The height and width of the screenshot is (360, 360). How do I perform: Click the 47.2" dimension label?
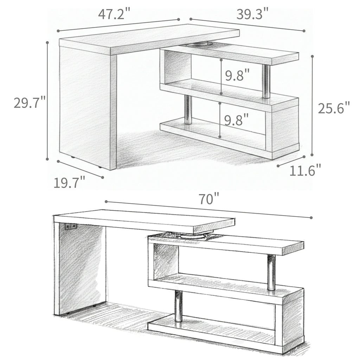click(x=114, y=14)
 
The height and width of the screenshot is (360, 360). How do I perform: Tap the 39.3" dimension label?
click(x=252, y=14)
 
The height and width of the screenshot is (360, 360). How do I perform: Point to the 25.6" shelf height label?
click(x=334, y=108)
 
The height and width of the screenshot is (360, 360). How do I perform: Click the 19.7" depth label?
click(x=70, y=183)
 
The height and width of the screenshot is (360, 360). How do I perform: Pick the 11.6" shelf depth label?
click(x=305, y=171)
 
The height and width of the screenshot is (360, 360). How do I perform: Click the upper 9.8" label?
click(x=238, y=75)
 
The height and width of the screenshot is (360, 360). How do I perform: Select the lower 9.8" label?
click(x=237, y=120)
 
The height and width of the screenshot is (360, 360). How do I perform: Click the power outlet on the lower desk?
click(x=71, y=227)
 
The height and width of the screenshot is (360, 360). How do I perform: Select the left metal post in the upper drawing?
click(x=188, y=110)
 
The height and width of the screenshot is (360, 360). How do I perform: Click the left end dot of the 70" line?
click(x=106, y=202)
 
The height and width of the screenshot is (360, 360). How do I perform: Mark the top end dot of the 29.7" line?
click(x=47, y=42)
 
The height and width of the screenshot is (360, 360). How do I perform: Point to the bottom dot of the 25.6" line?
click(x=312, y=154)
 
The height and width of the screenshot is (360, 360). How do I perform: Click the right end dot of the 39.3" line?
click(x=304, y=31)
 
